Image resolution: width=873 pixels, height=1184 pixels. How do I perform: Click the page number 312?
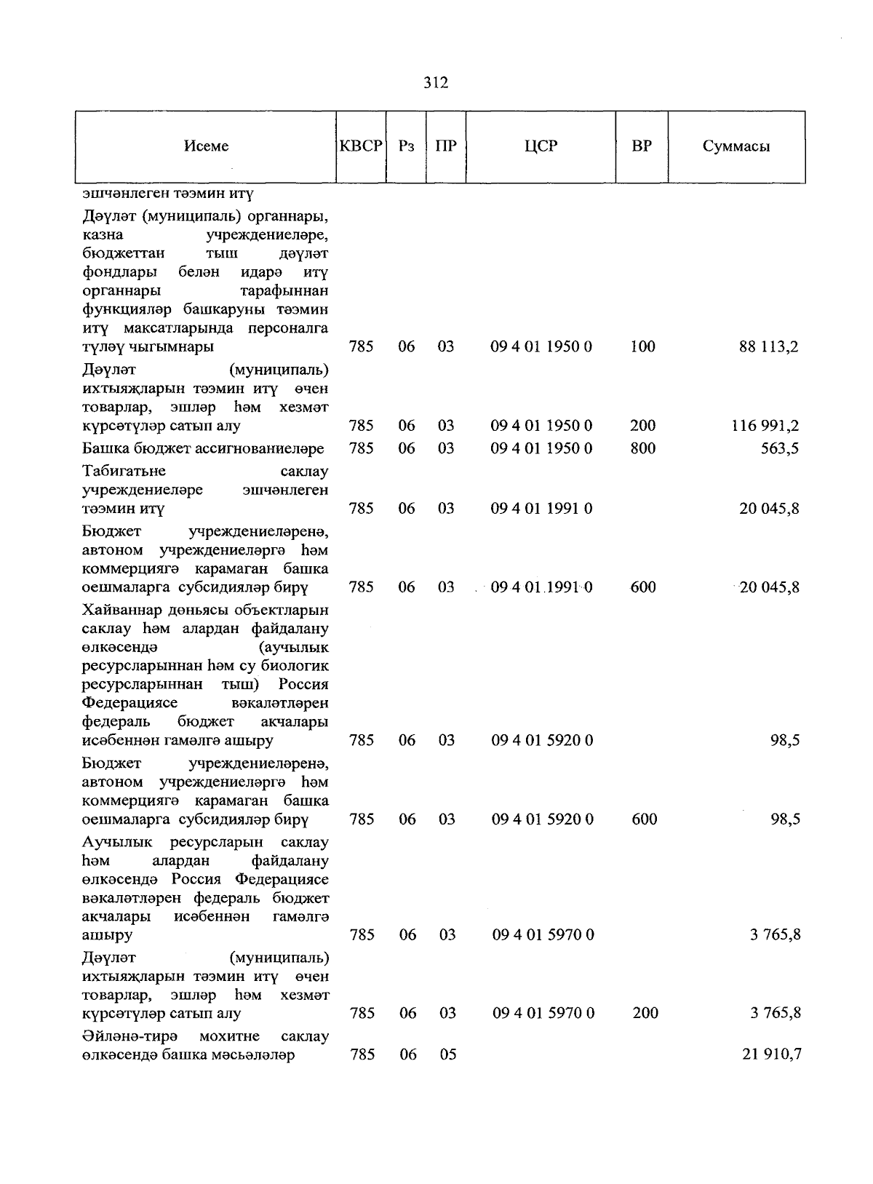pos(436,83)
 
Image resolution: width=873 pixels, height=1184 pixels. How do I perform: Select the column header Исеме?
pos(206,146)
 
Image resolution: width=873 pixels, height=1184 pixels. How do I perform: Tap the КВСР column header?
pos(361,146)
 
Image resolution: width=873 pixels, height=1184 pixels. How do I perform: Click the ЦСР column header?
pos(541,146)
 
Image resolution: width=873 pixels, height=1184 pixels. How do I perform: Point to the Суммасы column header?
pos(736,146)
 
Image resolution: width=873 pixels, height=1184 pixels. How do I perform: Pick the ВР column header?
pos(642,146)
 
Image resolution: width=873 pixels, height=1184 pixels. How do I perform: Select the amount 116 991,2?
pos(765,426)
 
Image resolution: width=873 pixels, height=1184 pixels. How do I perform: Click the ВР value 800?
pos(643,448)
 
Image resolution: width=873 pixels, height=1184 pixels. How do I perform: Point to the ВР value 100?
pos(643,347)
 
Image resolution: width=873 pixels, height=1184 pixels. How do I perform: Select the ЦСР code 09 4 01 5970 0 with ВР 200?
pos(543,1013)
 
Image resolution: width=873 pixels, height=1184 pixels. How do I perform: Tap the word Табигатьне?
pos(124,471)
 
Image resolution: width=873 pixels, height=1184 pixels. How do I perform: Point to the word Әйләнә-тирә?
pos(131,1036)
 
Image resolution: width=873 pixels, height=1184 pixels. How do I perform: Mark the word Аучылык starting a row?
pos(117,843)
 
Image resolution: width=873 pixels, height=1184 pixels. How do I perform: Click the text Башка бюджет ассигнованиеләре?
pos(203,448)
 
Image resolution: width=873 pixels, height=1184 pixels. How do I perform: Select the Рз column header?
pos(407,146)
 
